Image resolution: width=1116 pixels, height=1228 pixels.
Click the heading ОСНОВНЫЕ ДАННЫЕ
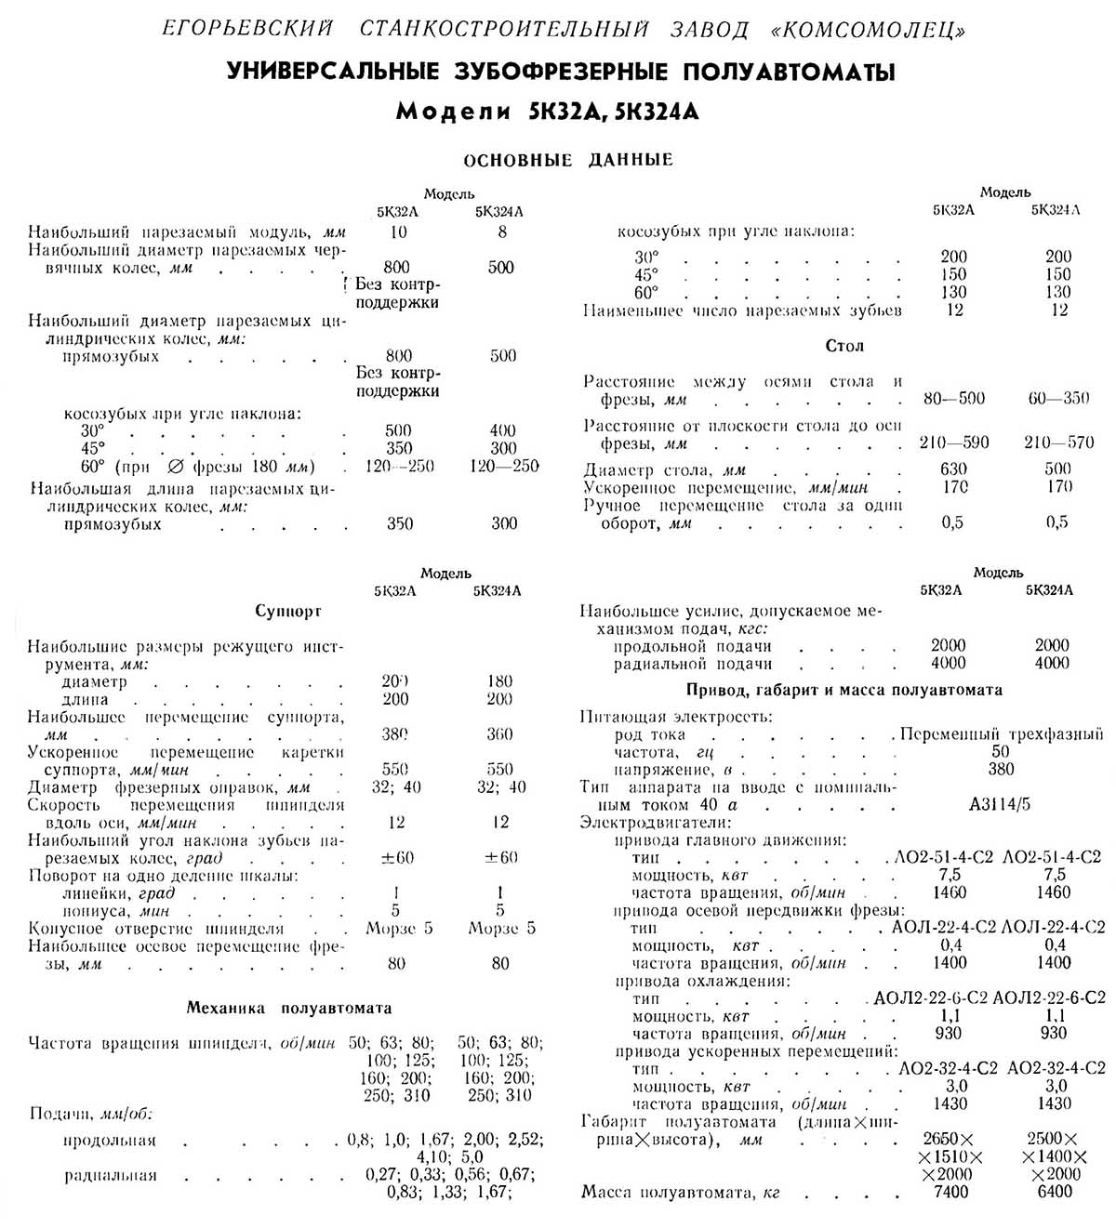pos(567,160)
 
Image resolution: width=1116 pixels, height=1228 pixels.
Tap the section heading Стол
pos(844,346)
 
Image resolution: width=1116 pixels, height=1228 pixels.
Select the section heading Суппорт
pos(288,612)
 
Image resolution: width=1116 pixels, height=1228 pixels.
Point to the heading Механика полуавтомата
pos(289,1008)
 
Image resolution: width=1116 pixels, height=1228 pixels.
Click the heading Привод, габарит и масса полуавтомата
pos(844,690)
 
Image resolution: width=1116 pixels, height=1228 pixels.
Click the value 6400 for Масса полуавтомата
pos(1052,1192)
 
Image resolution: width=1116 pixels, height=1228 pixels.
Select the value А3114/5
pos(1000,805)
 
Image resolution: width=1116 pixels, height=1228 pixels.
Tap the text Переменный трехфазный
pos(1002,734)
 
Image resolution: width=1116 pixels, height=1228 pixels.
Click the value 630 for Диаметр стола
pos(953,469)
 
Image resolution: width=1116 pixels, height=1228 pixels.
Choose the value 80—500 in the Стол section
pos(954,399)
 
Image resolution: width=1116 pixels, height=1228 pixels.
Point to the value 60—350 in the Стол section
pos(1058,399)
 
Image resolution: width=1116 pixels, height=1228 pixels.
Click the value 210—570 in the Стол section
pos(1058,443)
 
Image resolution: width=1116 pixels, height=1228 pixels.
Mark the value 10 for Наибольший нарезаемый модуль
pos(398,231)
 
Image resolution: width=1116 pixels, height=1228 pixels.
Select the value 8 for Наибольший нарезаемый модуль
pos(502,231)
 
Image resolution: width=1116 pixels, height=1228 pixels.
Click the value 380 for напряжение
pos(1002,770)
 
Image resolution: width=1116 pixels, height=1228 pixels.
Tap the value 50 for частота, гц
pos(1001,752)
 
